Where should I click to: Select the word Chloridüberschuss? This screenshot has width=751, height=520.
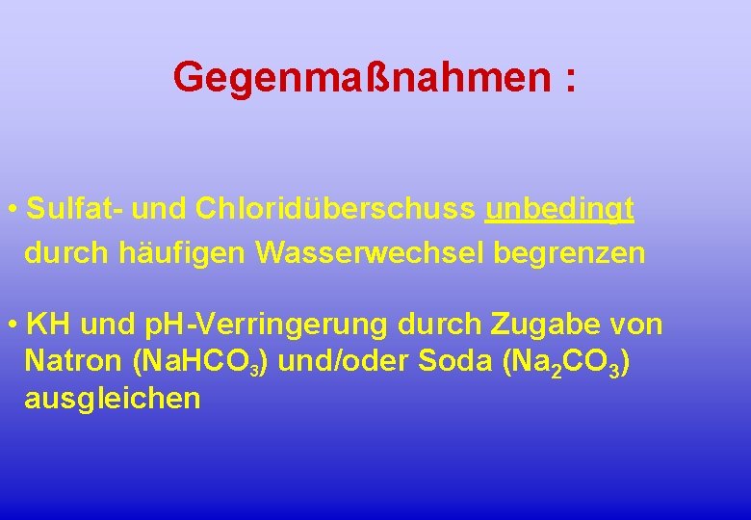coord(335,209)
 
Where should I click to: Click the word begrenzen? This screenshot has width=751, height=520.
coord(569,253)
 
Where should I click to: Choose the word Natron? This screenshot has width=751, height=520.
coord(72,362)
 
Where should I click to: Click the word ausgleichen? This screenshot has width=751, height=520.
coord(112,399)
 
